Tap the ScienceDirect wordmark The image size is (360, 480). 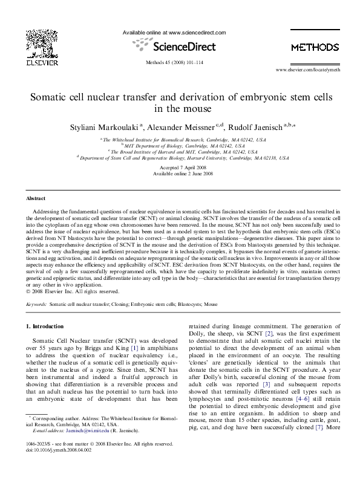point(180,45)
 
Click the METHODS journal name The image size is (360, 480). point(315,47)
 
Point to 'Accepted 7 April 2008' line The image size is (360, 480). point(180,167)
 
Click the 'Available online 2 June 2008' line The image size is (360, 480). point(180,174)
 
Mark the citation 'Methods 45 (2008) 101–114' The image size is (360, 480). point(180,63)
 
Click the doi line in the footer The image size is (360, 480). point(59,465)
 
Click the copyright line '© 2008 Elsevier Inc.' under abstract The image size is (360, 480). point(67,291)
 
